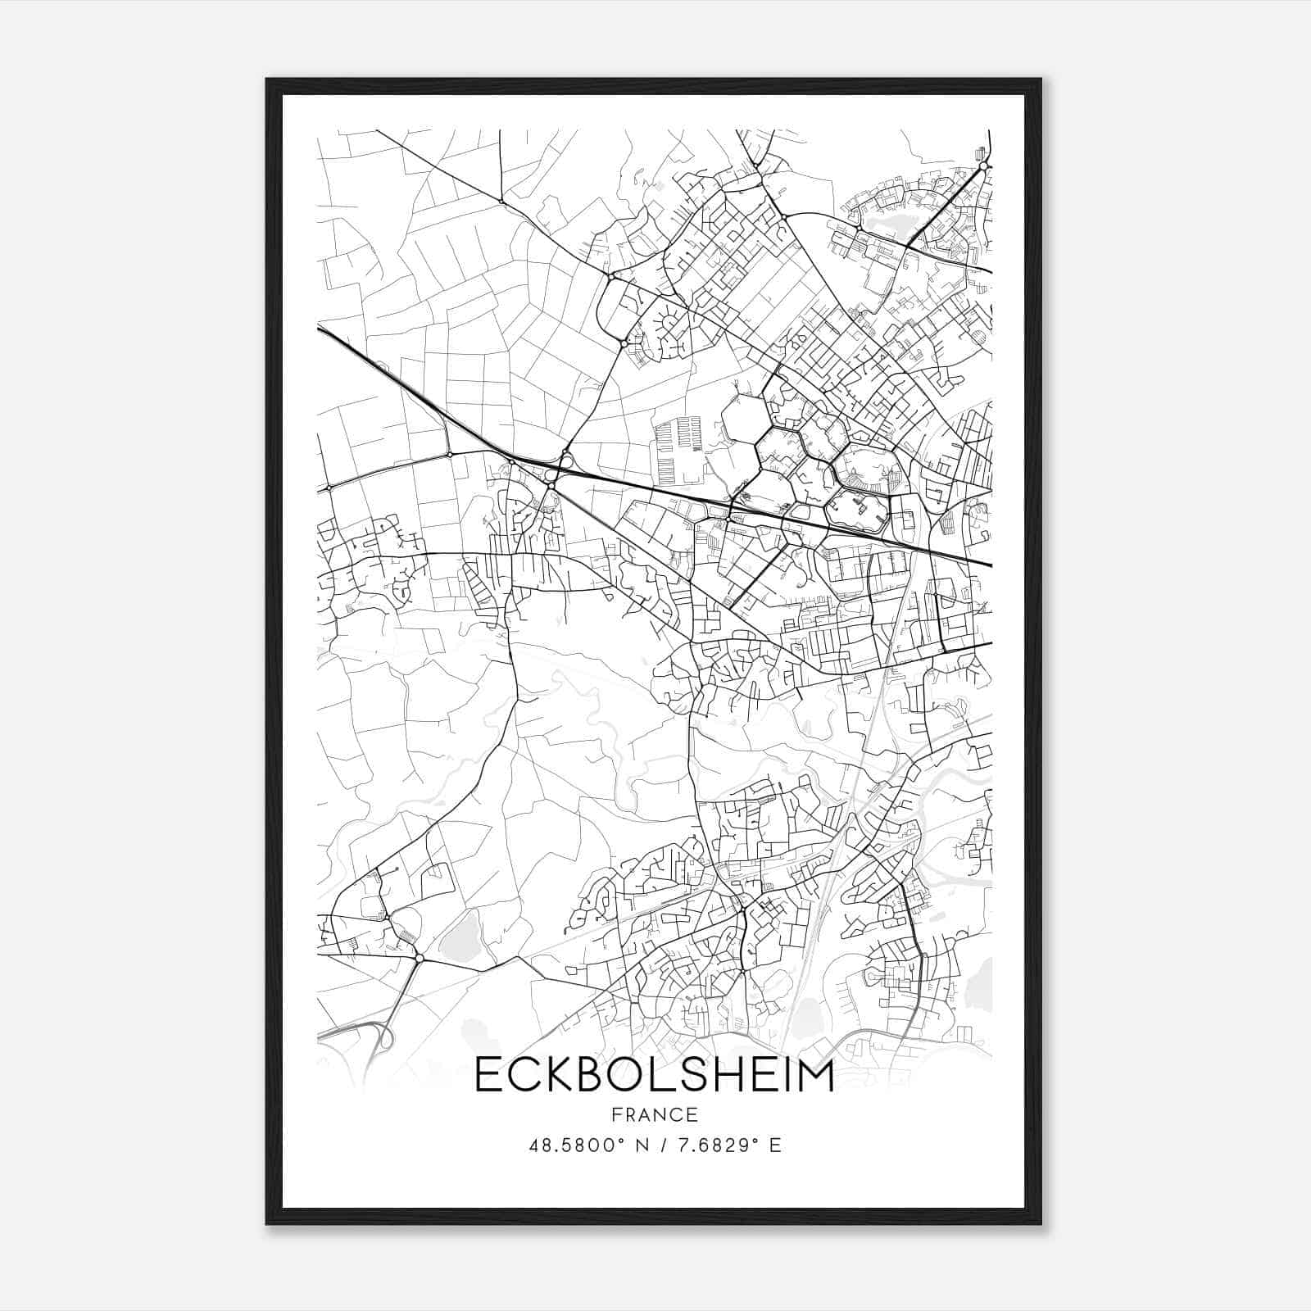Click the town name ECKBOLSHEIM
(654, 1076)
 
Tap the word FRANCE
(654, 1114)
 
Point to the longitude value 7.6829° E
(727, 1145)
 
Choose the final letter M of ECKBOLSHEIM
(816, 1076)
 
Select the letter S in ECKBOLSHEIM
(697, 1076)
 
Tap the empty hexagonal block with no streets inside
(745, 419)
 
